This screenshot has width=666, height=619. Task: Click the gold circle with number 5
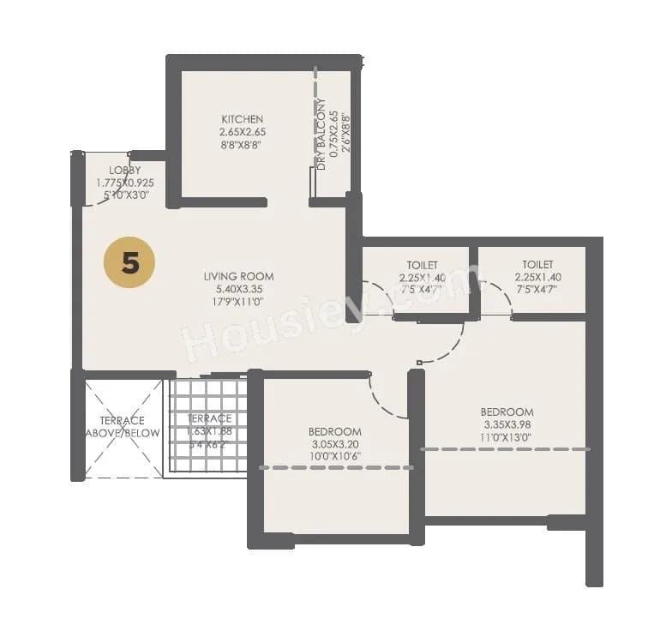pyautogui.click(x=129, y=262)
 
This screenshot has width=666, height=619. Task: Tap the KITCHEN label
pyautogui.click(x=242, y=119)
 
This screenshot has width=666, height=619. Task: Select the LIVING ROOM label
pyautogui.click(x=238, y=276)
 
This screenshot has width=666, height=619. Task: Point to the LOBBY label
pyautogui.click(x=124, y=170)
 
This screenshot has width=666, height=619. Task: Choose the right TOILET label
pyautogui.click(x=537, y=265)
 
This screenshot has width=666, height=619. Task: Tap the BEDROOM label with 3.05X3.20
pyautogui.click(x=334, y=431)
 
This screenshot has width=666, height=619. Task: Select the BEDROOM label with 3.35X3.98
pyautogui.click(x=507, y=412)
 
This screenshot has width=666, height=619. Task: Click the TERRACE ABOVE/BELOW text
pyautogui.click(x=123, y=426)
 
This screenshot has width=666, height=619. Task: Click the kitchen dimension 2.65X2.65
pyautogui.click(x=242, y=132)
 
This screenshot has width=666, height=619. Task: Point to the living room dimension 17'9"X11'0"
pyautogui.click(x=238, y=302)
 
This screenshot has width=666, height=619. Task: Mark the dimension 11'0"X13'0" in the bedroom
pyautogui.click(x=507, y=437)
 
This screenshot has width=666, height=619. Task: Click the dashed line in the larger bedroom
pyautogui.click(x=506, y=448)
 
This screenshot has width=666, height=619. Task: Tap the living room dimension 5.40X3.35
pyautogui.click(x=238, y=289)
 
